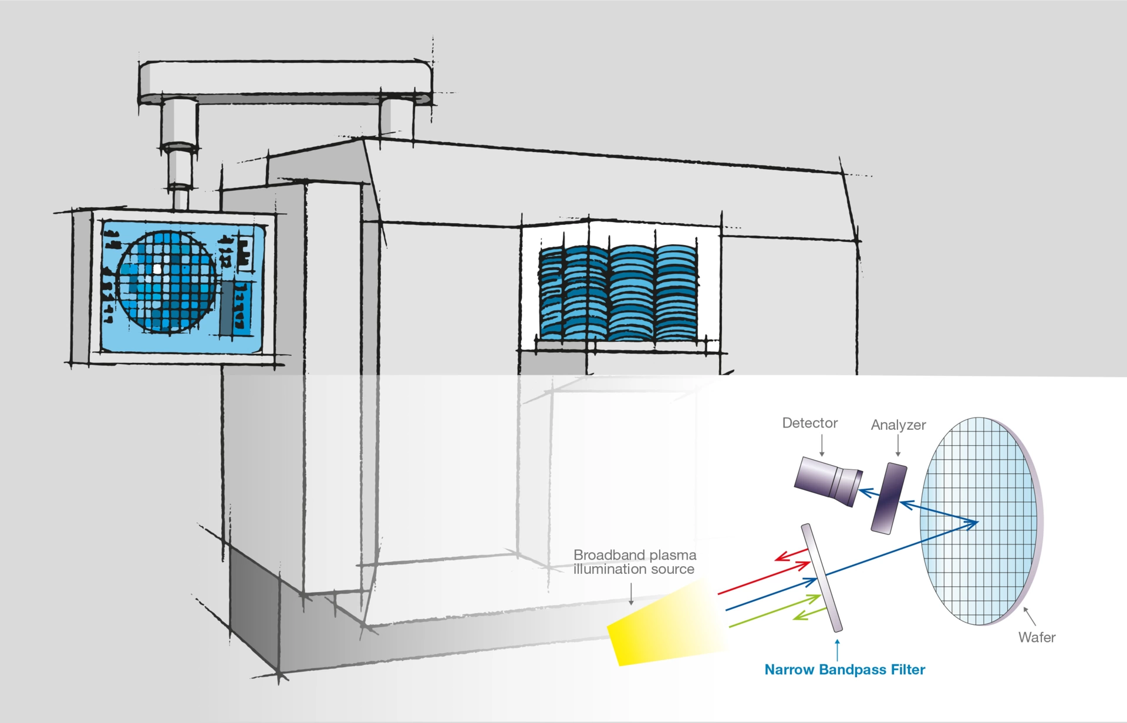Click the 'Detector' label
coord(809,423)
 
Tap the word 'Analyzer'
coord(898,425)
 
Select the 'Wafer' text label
coord(1037,637)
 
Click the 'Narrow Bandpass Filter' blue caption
coord(845,670)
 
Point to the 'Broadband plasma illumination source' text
coord(635,562)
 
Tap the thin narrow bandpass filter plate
coord(822,577)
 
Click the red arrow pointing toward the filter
coord(763,579)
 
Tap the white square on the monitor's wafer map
coord(157,269)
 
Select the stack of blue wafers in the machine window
coord(618,292)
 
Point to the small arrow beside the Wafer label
coord(1029,616)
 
